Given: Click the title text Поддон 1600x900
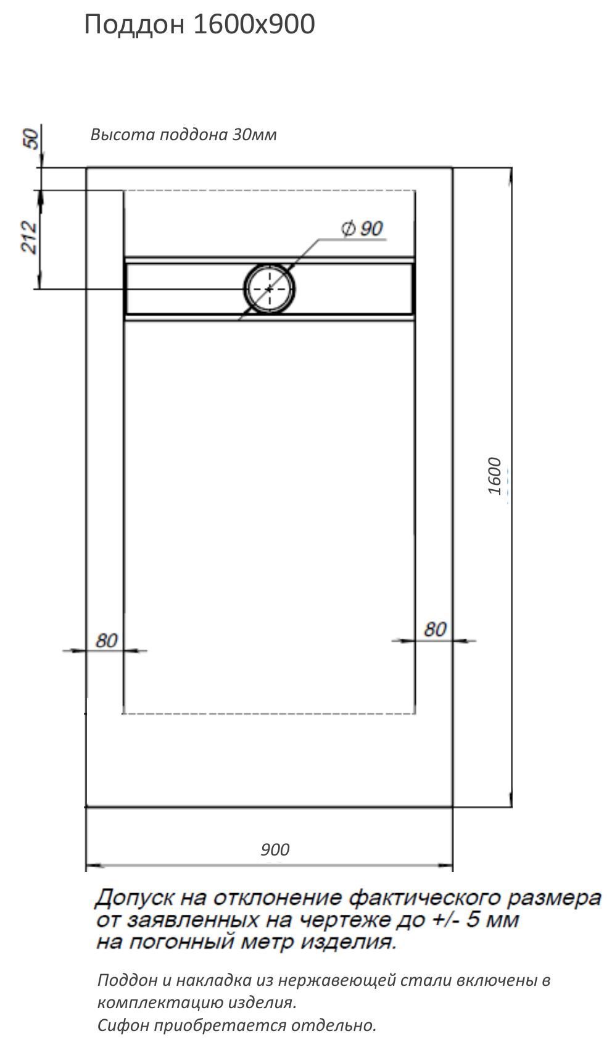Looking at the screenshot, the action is (199, 25).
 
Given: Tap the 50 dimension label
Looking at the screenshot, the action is (31, 139).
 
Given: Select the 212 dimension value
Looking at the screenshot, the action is (29, 237).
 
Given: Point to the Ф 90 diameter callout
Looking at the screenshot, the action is (362, 228).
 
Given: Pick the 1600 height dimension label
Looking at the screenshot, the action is (494, 476).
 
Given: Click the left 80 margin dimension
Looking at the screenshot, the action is (107, 641).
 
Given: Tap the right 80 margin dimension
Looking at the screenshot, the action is (435, 629).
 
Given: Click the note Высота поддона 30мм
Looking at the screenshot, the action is (183, 135).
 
